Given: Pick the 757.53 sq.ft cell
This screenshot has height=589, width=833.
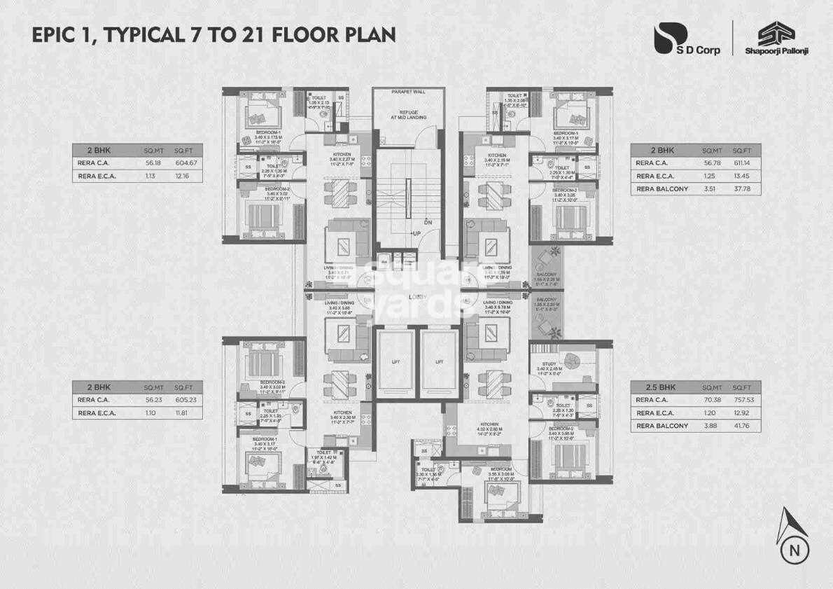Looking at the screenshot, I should (746, 400).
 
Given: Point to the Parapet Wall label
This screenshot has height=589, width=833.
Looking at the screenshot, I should (408, 92).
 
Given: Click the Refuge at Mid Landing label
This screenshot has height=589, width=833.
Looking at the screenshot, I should (408, 116).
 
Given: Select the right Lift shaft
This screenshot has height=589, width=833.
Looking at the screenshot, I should (438, 362).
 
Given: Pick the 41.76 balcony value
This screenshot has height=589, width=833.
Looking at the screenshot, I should (746, 426).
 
